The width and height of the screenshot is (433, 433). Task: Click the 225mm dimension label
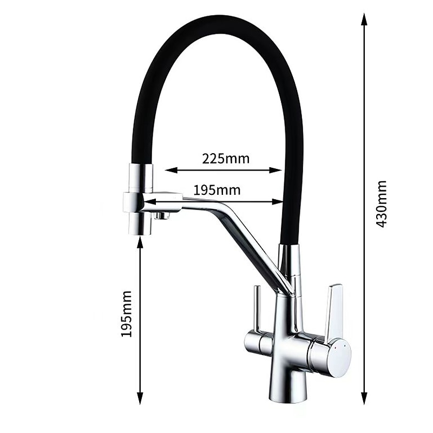coord(226,159)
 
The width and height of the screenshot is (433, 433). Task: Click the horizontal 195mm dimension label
coord(217,191)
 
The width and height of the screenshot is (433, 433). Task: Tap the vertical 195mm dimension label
coord(126,313)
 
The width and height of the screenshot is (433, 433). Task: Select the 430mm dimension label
coord(382,204)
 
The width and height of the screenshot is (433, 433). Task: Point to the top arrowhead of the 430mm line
coord(364,19)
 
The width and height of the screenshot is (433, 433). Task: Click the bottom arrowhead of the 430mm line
coord(364,398)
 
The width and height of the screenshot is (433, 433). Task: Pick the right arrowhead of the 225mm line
coord(275,170)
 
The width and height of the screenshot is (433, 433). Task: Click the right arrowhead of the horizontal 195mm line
coord(278,202)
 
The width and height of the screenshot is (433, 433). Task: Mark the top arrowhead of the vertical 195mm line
coord(140,242)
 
